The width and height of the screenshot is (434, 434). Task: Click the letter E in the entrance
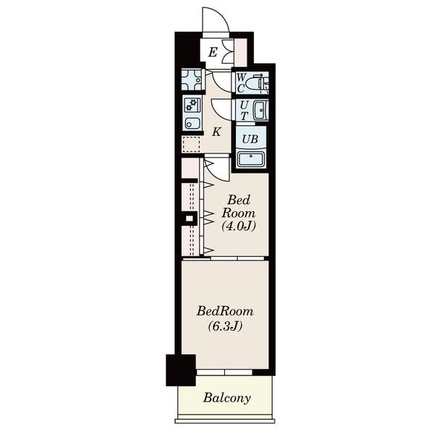pyautogui.click(x=213, y=52)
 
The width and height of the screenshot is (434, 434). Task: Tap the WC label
pyautogui.click(x=241, y=82)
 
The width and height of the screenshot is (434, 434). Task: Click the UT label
pyautogui.click(x=244, y=110)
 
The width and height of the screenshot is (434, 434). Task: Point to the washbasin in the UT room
pyautogui.click(x=260, y=110)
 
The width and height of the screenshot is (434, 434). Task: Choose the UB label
pyautogui.click(x=250, y=139)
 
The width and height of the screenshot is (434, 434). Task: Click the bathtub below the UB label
pyautogui.click(x=251, y=160)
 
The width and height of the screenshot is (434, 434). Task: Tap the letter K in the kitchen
pyautogui.click(x=216, y=132)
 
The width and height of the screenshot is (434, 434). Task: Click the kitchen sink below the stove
pyautogui.click(x=192, y=123)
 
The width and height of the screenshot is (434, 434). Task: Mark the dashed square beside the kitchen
pyautogui.click(x=191, y=144)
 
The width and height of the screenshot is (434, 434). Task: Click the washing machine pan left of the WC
pyautogui.click(x=192, y=80)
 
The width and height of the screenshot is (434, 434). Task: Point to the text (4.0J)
pyautogui.click(x=239, y=226)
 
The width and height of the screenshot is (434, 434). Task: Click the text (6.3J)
pyautogui.click(x=225, y=325)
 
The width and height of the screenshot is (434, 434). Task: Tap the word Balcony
pyautogui.click(x=227, y=399)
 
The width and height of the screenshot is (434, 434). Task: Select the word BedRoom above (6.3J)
pyautogui.click(x=225, y=311)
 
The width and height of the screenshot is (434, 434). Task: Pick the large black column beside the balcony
pyautogui.click(x=181, y=370)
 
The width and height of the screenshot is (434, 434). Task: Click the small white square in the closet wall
pyautogui.click(x=190, y=218)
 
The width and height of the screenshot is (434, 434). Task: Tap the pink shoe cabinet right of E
pyautogui.click(x=241, y=52)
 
